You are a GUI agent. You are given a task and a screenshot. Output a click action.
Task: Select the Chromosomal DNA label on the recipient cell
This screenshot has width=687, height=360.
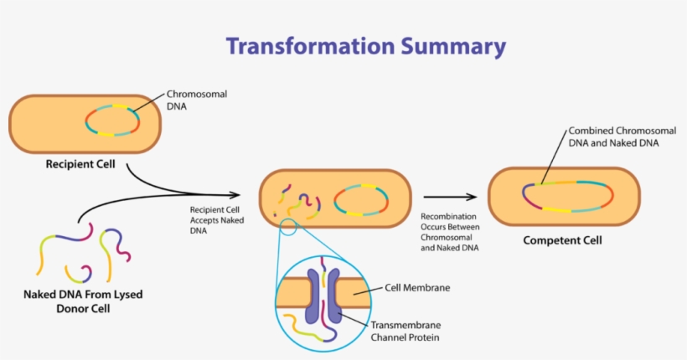click(196, 101)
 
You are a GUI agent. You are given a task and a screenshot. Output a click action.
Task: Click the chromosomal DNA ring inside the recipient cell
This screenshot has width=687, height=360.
click(113, 120)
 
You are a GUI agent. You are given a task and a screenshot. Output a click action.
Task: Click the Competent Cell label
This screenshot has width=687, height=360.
click(561, 241)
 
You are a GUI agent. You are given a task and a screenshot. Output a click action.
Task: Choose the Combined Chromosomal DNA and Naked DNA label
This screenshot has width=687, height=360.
click(613, 137)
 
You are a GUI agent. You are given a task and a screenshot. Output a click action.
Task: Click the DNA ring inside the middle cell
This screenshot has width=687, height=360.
click(361, 199)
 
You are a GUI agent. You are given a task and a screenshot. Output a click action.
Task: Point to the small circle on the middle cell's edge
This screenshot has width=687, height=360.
click(288, 225)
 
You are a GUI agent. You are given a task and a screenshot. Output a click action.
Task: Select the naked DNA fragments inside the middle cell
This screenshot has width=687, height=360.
click(297, 202)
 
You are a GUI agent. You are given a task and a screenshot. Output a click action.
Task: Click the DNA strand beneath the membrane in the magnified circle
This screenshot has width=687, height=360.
click(306, 328)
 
